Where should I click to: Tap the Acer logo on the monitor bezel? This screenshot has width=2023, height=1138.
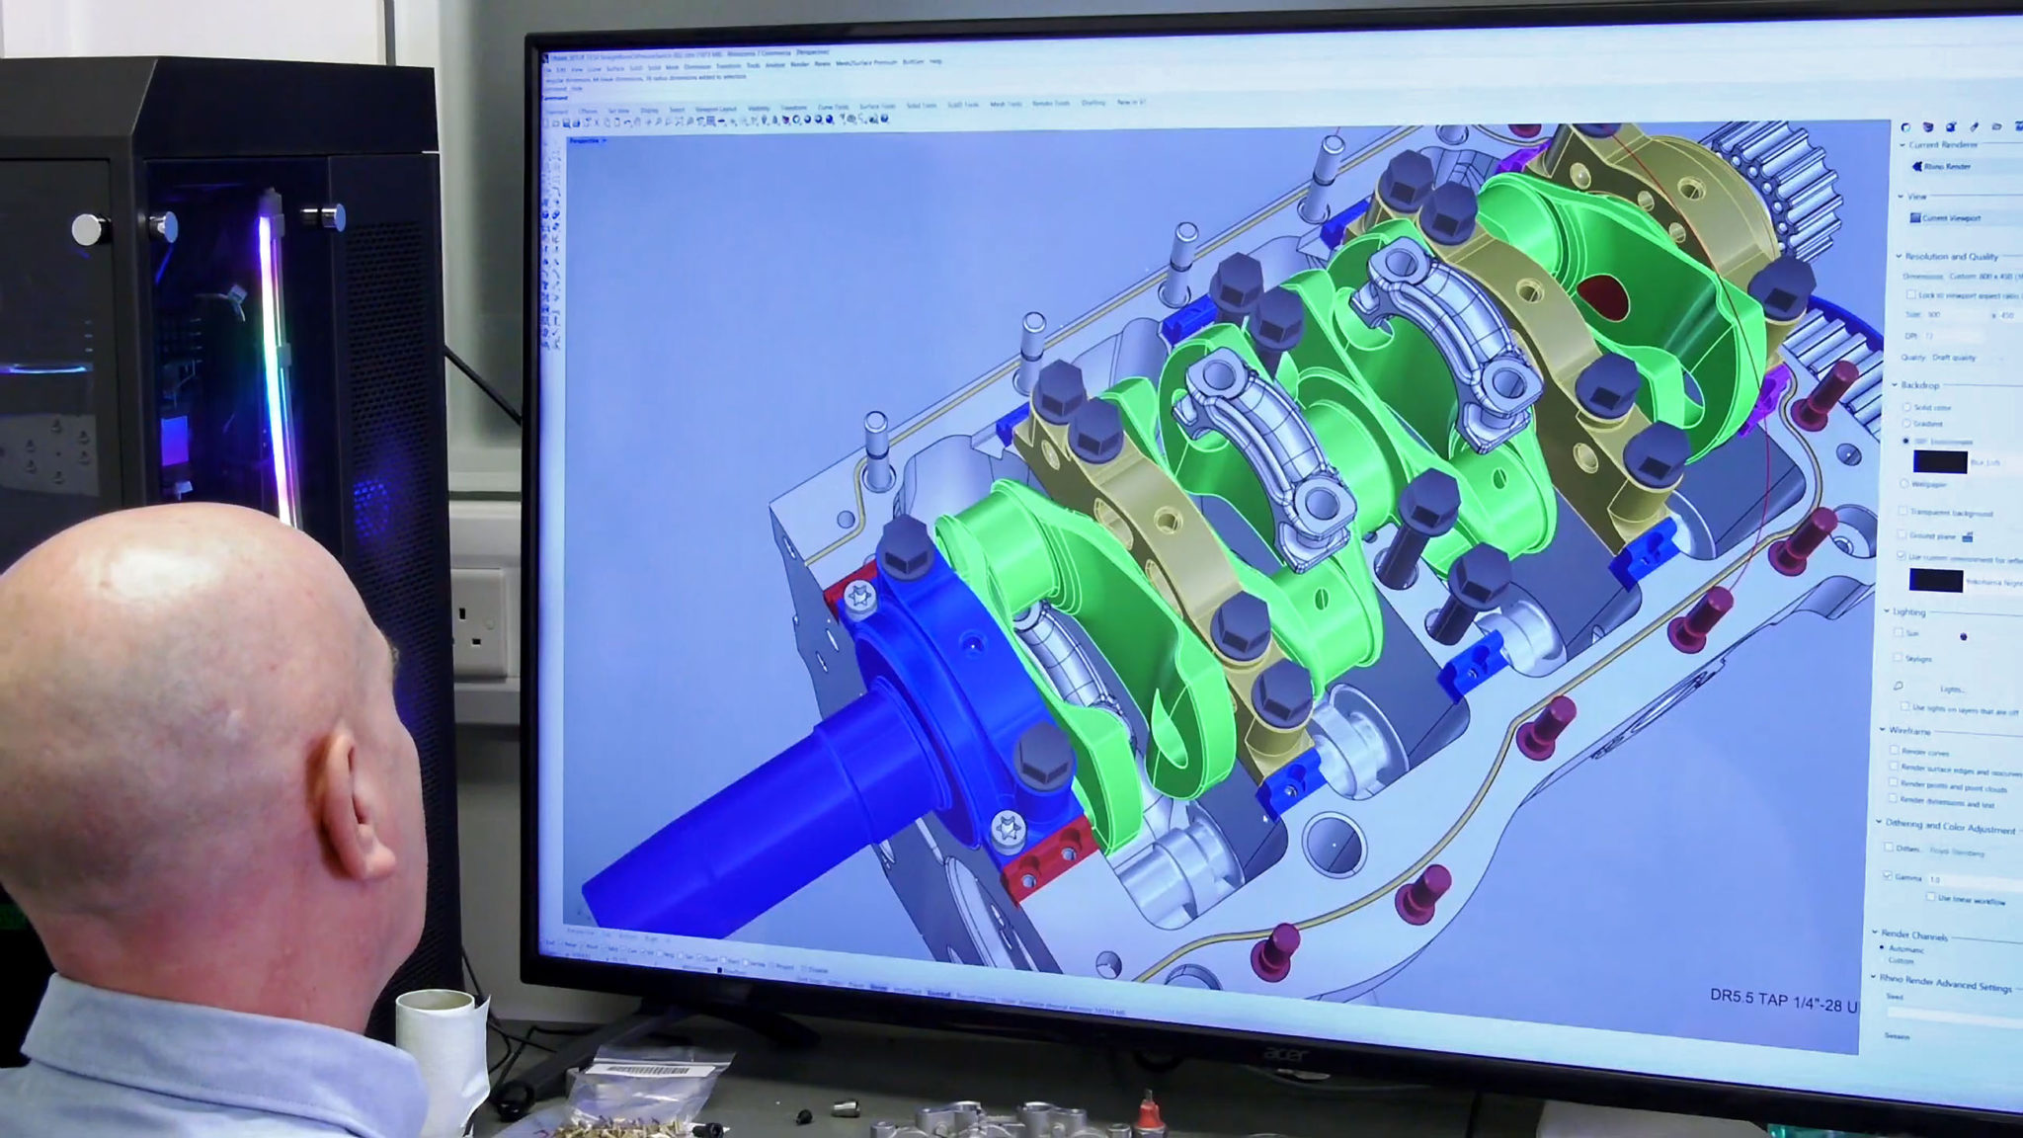point(1286,1055)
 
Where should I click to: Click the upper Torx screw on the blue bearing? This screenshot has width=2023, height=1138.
point(858,597)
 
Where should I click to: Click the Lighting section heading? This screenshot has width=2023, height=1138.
point(1908,612)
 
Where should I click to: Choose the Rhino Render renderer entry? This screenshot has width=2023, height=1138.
point(1946,167)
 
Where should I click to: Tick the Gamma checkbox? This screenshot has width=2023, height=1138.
point(1889,876)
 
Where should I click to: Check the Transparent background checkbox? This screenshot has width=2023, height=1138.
point(1903,512)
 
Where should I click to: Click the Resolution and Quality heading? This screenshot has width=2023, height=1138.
point(1951,257)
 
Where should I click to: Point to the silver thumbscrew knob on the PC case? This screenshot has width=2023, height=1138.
point(89,229)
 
